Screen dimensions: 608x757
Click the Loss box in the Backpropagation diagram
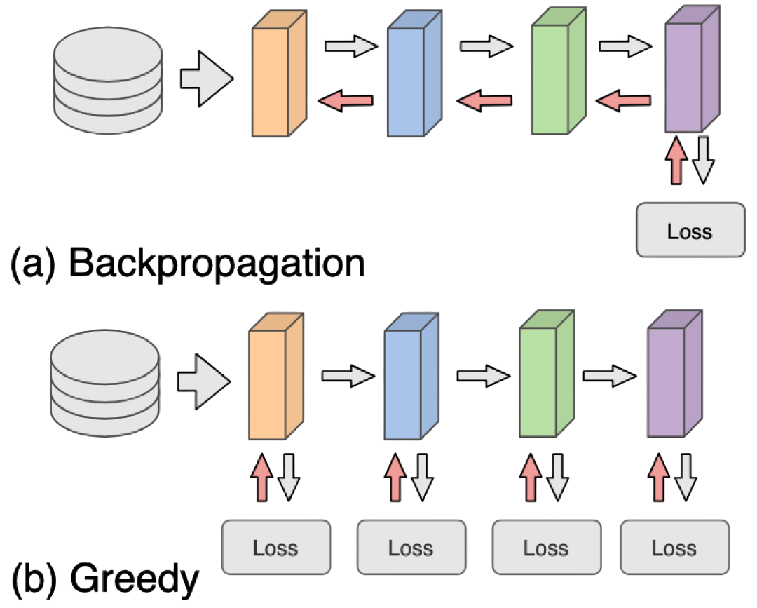tap(690, 230)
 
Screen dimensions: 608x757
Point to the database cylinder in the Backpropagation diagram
tap(109, 78)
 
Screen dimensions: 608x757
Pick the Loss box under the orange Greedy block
tap(275, 547)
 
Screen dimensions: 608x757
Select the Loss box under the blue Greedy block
tap(411, 547)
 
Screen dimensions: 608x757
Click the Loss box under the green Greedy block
tap(545, 547)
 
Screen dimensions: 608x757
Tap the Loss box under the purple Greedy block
tap(674, 547)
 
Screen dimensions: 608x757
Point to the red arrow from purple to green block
tap(625, 102)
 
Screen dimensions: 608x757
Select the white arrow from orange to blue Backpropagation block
tap(350, 47)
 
